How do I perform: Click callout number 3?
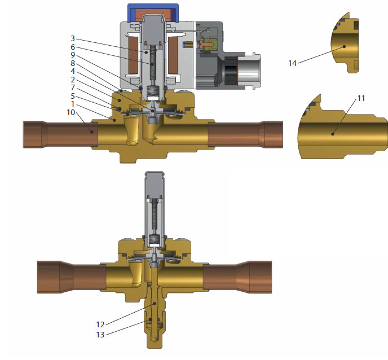(73, 39)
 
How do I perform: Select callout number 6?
(73, 47)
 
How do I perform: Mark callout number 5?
(73, 96)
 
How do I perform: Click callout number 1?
(73, 104)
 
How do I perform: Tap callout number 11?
(361, 98)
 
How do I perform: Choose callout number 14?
(292, 63)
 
